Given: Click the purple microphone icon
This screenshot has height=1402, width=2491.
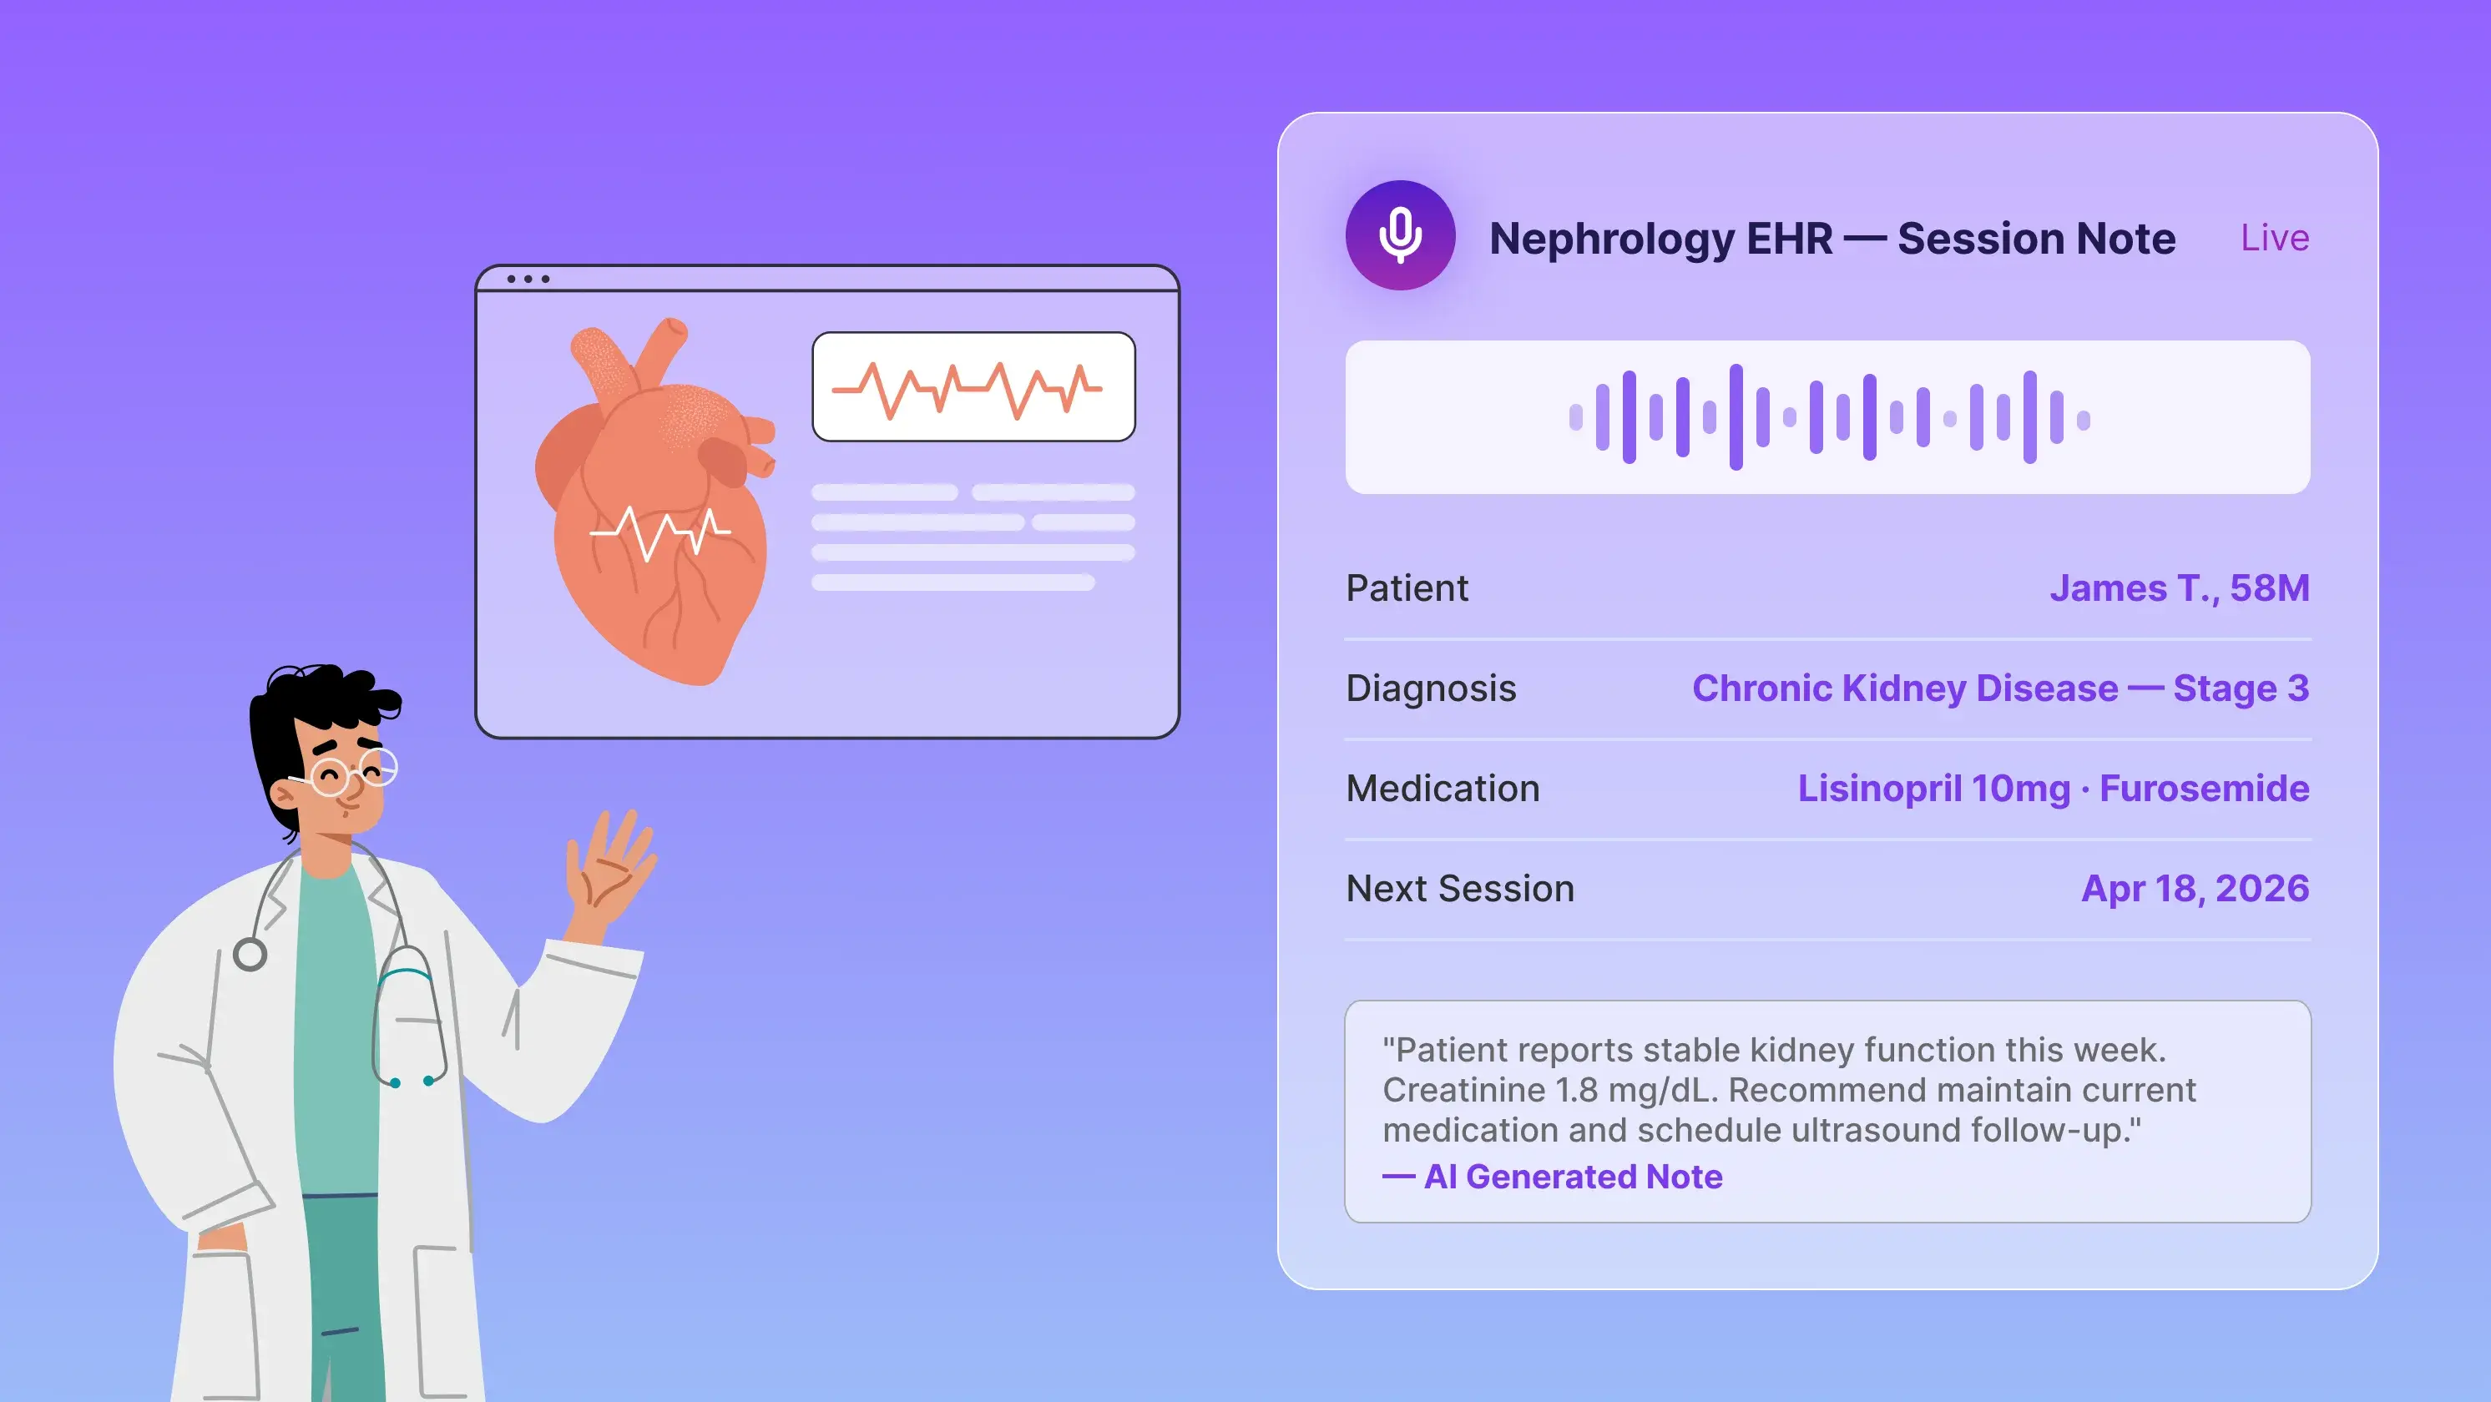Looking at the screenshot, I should point(1399,235).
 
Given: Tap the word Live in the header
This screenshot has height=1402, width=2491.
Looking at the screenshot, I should point(2275,238).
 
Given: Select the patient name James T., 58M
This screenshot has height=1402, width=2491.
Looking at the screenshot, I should point(2179,588).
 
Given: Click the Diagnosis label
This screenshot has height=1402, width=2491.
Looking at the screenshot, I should point(1430,688).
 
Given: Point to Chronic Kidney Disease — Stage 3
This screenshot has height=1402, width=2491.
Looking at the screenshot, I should point(2000,688).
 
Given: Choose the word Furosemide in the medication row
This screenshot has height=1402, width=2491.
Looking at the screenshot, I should point(2204,788).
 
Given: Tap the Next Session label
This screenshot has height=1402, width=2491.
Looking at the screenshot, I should point(1459,889).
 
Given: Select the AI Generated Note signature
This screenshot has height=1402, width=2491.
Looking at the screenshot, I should point(1573,1177).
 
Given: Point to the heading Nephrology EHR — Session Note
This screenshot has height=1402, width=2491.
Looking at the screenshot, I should point(1832,238).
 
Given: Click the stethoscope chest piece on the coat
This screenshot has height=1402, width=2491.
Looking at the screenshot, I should point(250,955).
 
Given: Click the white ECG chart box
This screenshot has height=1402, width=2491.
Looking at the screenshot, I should point(973,386).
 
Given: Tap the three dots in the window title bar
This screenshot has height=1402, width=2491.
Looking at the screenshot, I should point(528,280).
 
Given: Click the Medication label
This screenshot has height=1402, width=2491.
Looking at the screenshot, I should point(1442,788).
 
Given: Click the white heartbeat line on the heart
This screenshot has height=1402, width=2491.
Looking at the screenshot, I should point(659,531).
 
